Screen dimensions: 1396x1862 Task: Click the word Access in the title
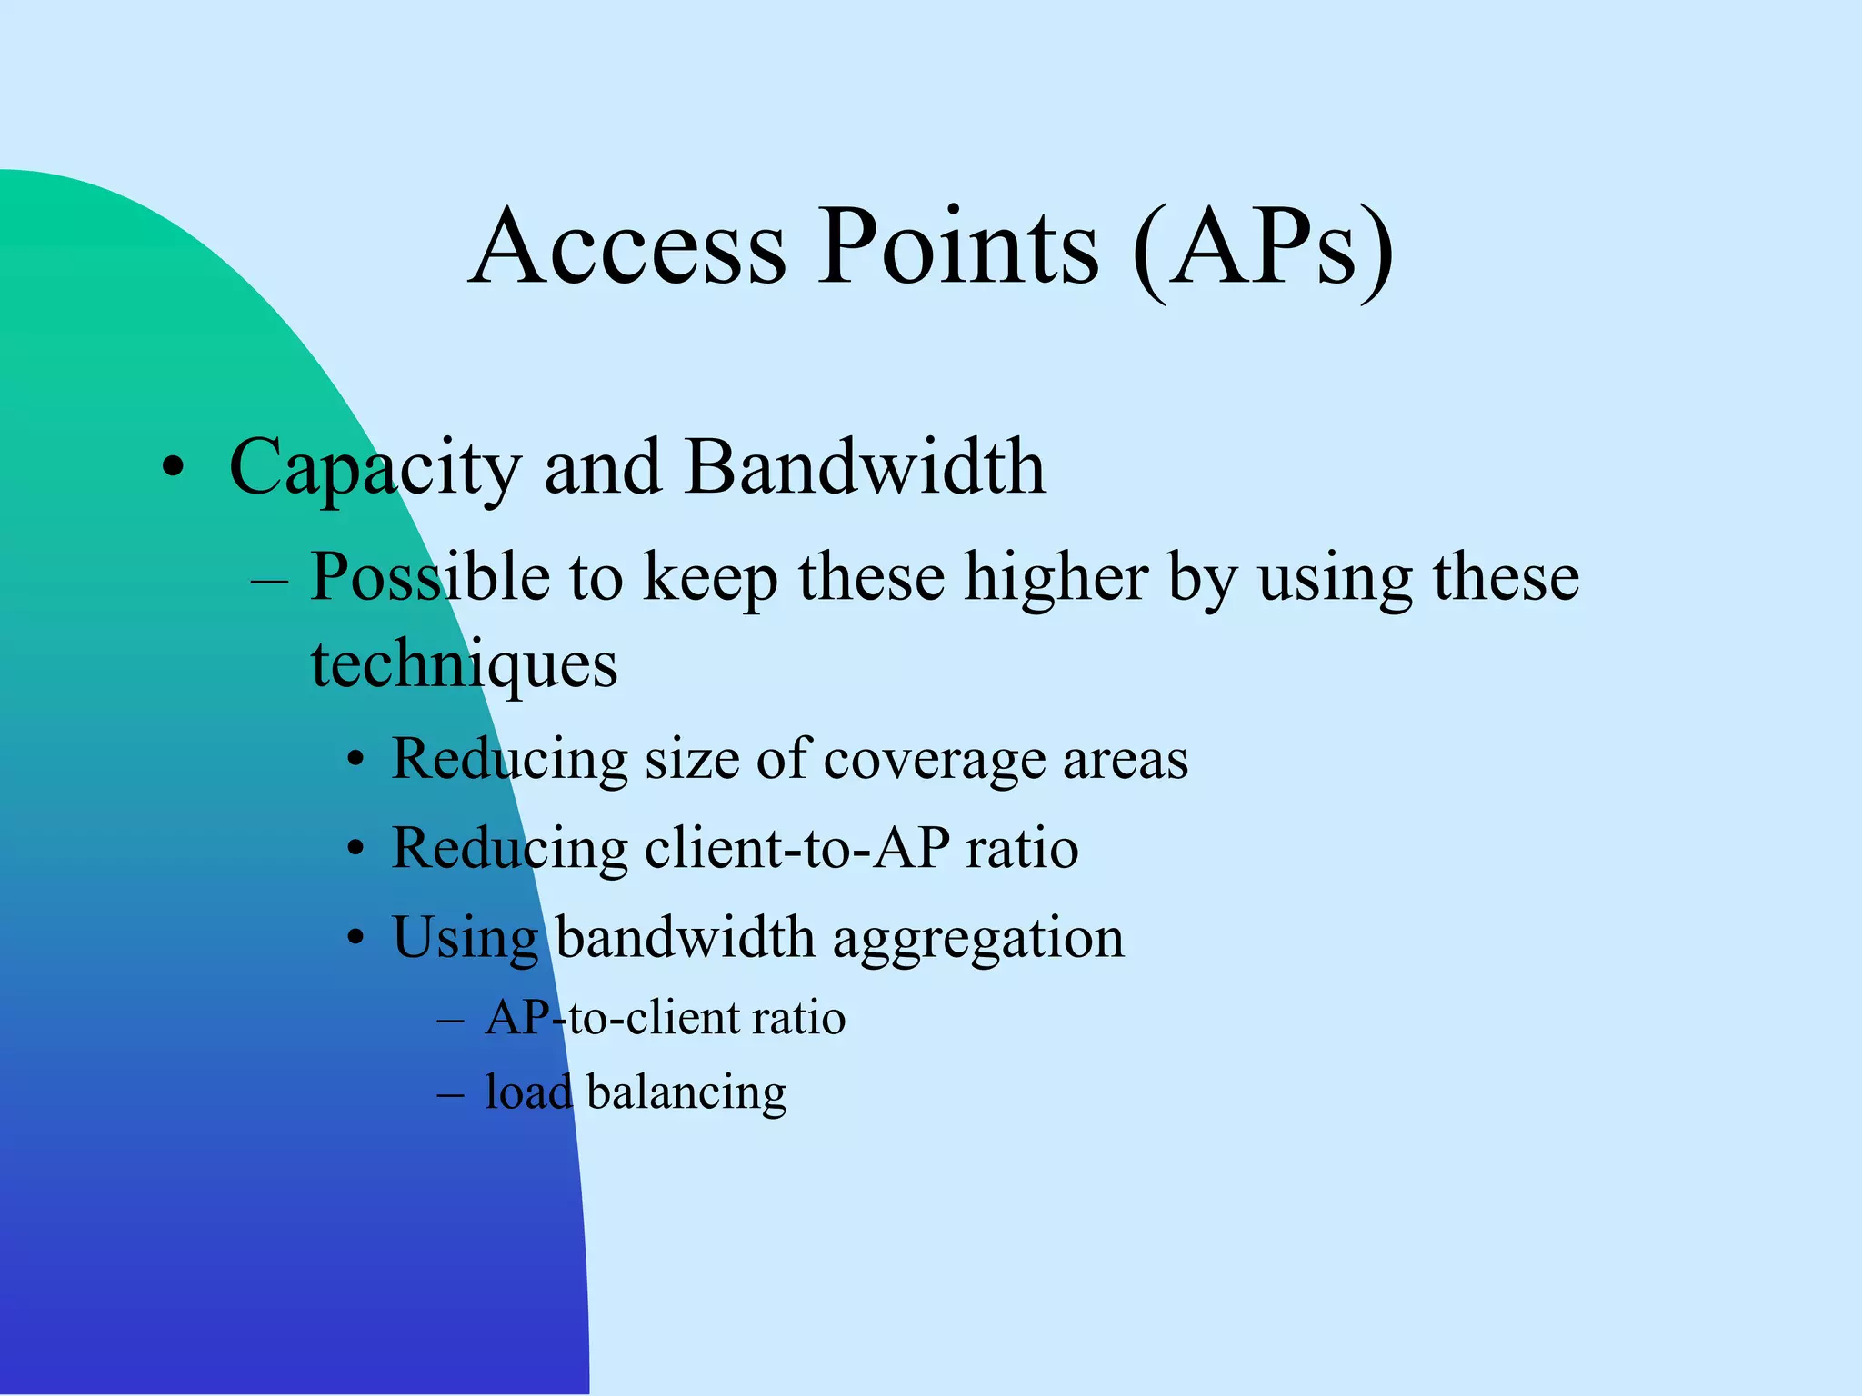tap(627, 247)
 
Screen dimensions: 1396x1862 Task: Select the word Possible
tap(429, 578)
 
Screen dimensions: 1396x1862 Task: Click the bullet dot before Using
tap(356, 937)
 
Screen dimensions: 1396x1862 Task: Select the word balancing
tap(686, 1092)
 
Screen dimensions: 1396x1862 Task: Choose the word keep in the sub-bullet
tap(710, 578)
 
